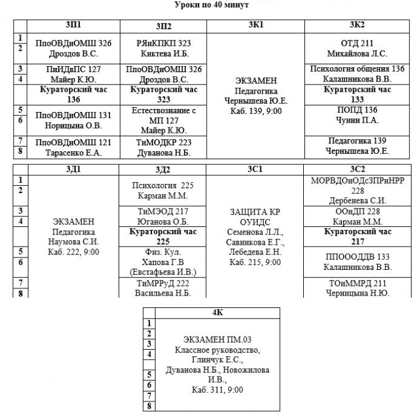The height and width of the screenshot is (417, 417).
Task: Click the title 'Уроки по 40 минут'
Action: [211, 5]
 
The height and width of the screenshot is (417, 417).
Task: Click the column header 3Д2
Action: [163, 170]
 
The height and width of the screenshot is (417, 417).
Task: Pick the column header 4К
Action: [217, 313]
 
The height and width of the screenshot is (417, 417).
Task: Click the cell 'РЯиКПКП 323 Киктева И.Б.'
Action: [163, 48]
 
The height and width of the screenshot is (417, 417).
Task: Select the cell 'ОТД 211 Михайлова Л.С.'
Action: [357, 48]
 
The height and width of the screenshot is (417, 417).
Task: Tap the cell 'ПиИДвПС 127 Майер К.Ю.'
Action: [73, 74]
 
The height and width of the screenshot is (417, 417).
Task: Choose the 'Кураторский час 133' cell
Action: [357, 95]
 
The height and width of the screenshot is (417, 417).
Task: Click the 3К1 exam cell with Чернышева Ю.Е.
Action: [256, 96]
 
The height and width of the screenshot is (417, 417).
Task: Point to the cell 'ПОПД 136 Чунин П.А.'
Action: [357, 120]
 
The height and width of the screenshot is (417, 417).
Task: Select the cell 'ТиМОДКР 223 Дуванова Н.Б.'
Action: [163, 147]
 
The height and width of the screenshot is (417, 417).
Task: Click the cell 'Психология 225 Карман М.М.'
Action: [163, 191]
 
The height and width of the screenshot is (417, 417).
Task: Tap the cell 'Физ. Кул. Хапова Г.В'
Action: [163, 262]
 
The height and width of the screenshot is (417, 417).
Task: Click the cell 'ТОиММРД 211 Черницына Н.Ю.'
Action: [357, 288]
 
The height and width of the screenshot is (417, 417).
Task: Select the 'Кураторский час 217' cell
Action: [357, 236]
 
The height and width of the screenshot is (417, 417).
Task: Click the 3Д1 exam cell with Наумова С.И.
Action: [73, 236]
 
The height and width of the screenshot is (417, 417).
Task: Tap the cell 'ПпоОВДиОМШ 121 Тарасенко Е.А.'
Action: [73, 147]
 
